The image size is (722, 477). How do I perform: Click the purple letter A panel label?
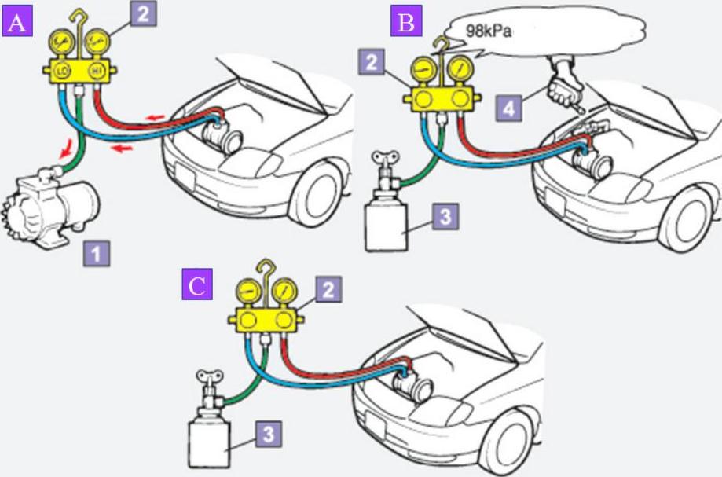click(16, 21)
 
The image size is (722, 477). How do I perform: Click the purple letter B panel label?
click(405, 21)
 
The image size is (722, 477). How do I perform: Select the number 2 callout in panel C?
click(329, 289)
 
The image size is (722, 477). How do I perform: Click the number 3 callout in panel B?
click(445, 217)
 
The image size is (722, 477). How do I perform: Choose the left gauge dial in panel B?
click(423, 72)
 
